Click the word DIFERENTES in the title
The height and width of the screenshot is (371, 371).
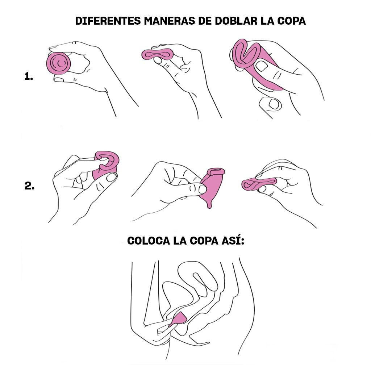pos(107,21)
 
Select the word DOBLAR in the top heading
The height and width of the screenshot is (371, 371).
pos(236,21)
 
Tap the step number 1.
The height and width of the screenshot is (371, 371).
pos(29,76)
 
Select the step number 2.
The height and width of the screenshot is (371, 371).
pos(29,187)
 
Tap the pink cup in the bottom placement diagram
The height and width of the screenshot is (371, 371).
pos(180,318)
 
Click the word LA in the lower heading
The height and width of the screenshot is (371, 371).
pos(179,241)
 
